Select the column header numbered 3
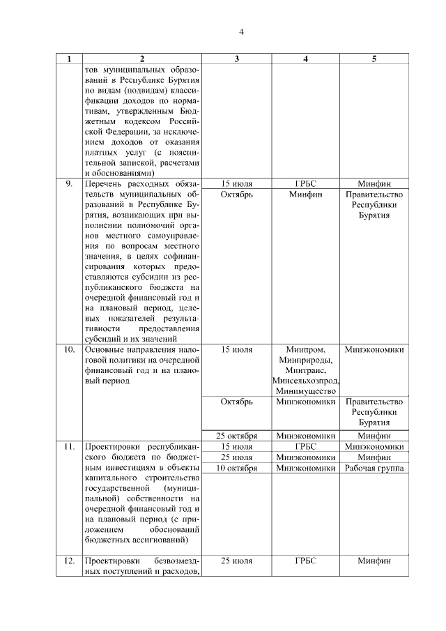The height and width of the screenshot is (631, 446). (237, 59)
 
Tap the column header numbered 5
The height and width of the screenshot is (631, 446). (374, 59)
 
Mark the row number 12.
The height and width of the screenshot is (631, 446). (70, 561)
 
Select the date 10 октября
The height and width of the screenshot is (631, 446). (237, 469)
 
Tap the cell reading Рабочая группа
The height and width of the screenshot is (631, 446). (374, 469)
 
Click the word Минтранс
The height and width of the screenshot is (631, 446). (305, 370)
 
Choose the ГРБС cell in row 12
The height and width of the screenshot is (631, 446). (305, 561)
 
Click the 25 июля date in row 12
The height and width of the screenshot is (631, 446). (237, 561)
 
